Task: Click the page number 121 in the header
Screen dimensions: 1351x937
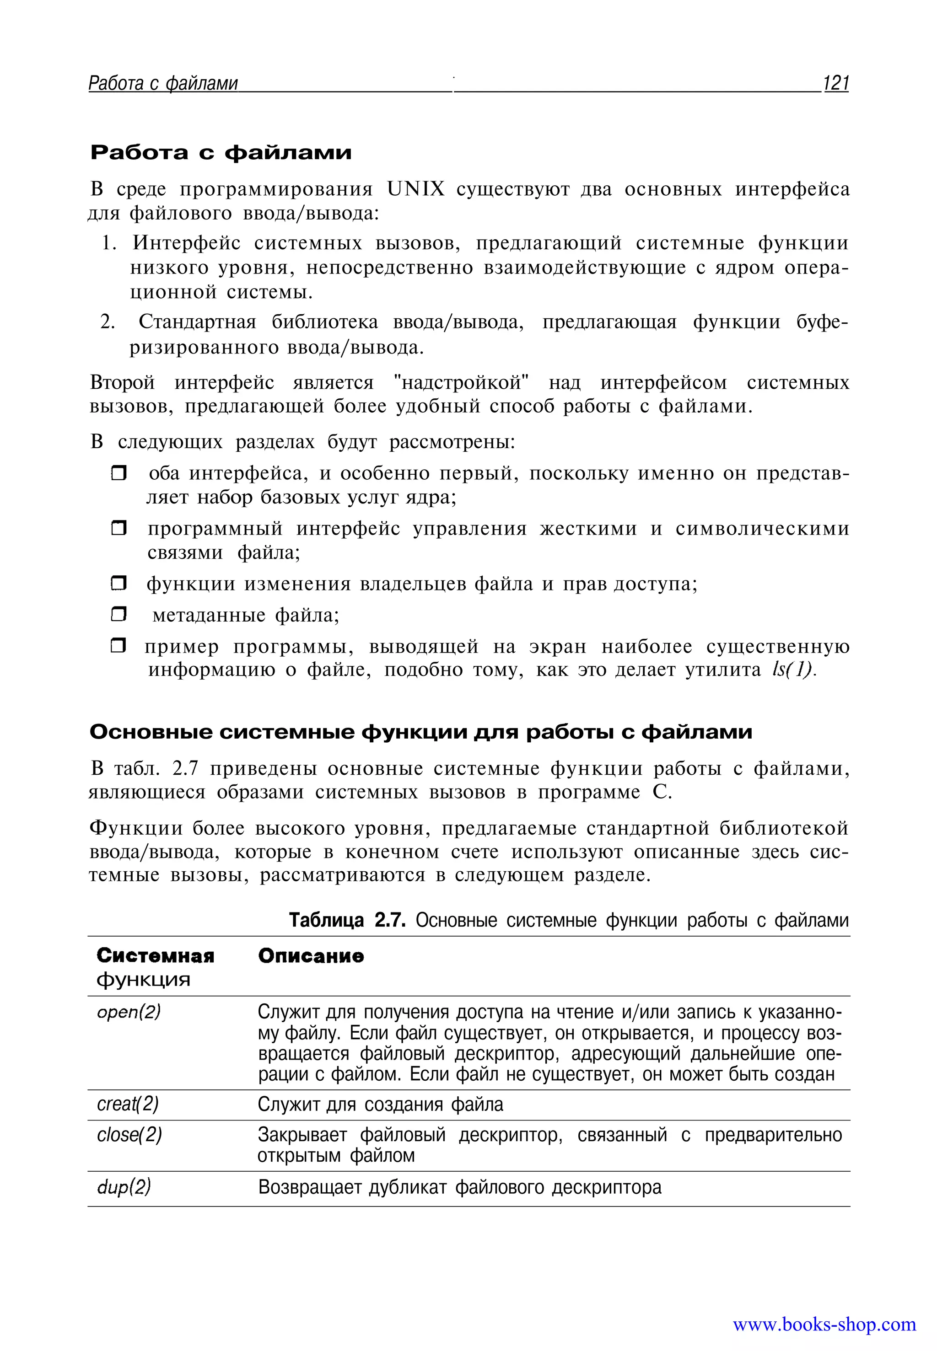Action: (836, 83)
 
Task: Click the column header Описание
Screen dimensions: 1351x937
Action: (311, 956)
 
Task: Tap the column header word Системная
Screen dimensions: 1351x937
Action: (156, 956)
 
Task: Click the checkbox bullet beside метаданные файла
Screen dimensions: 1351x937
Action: (118, 615)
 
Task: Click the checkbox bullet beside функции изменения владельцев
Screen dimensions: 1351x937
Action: (118, 584)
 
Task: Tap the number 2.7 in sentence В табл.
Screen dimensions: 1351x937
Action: (187, 768)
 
